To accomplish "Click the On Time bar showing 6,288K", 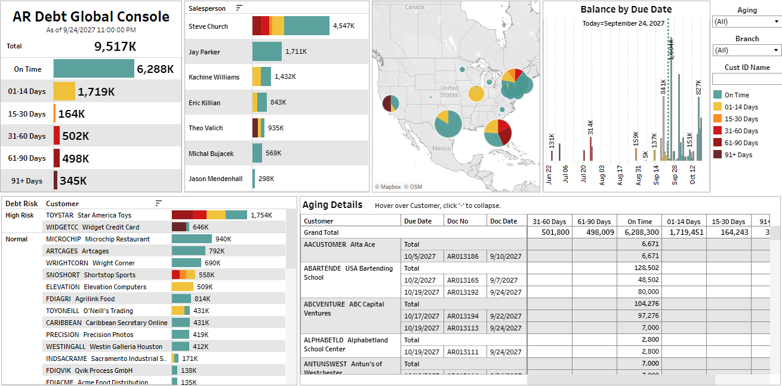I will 94,69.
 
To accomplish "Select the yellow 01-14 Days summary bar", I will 64,91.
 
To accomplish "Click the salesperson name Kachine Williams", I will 214,77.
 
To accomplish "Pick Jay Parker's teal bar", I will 267,52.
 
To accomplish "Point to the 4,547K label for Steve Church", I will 344,26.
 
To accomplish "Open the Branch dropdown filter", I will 747,51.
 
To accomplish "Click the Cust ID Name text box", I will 747,79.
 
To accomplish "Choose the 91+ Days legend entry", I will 738,155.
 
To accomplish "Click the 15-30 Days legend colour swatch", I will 717,119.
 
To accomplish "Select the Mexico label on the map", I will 441,148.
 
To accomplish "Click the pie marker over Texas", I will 448,124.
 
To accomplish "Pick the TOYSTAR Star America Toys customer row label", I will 88,215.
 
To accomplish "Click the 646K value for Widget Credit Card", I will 201,227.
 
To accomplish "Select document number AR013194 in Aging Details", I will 463,316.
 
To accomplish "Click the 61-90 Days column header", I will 595,221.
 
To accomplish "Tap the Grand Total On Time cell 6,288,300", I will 639,232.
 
